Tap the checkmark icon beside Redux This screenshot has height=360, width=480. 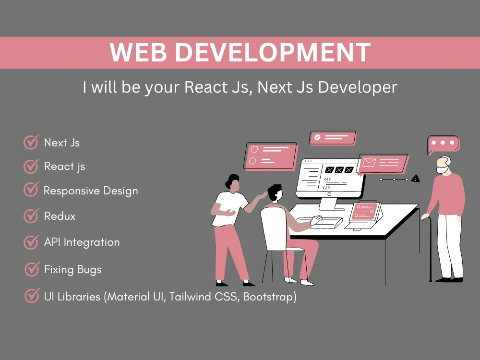[31, 216]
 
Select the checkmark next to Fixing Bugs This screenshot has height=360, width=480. [32, 269]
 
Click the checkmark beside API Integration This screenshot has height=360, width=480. [31, 242]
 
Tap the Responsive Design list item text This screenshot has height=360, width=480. [91, 191]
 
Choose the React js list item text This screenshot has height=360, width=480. [64, 166]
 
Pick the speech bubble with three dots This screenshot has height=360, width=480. [443, 144]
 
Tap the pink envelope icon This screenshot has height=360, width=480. [369, 162]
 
